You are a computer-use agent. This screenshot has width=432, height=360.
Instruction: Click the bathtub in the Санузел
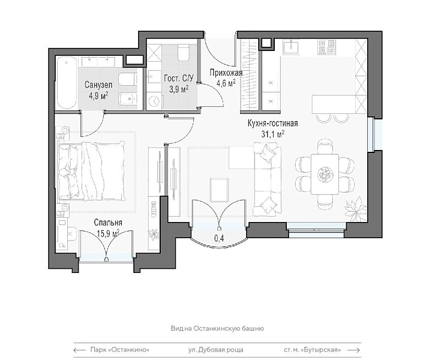[x=67, y=83]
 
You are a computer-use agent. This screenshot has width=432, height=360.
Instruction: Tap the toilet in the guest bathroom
[x=183, y=52]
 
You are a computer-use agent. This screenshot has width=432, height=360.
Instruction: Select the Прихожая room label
[x=226, y=73]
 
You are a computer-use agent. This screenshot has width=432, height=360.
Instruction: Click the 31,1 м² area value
[x=272, y=134]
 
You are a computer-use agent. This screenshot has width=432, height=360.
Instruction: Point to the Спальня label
[x=108, y=222]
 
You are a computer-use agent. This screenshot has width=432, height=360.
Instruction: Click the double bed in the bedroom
[x=91, y=171]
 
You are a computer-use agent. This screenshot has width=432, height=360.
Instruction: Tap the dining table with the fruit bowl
[x=325, y=175]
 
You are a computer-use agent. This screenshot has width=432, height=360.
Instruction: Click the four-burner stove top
[x=326, y=47]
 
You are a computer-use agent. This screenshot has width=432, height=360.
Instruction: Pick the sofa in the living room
[x=268, y=179]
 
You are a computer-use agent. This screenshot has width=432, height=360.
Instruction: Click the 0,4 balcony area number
[x=219, y=238]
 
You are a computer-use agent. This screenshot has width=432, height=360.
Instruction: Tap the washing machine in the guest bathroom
[x=154, y=101]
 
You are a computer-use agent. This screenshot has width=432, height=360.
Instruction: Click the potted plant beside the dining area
[x=356, y=208]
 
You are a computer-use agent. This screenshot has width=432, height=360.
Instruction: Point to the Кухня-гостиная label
[x=273, y=123]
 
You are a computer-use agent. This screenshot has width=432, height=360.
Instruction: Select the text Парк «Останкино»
[x=120, y=350]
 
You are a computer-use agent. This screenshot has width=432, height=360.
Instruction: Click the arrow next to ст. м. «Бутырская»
[x=354, y=350]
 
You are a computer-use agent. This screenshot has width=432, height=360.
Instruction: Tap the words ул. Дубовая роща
[x=216, y=350]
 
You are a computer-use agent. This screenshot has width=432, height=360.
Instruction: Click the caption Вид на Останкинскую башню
[x=217, y=328]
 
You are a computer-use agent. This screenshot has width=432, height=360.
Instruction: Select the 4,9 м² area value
[x=98, y=96]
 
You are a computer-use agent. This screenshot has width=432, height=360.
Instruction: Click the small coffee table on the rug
[x=220, y=190]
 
